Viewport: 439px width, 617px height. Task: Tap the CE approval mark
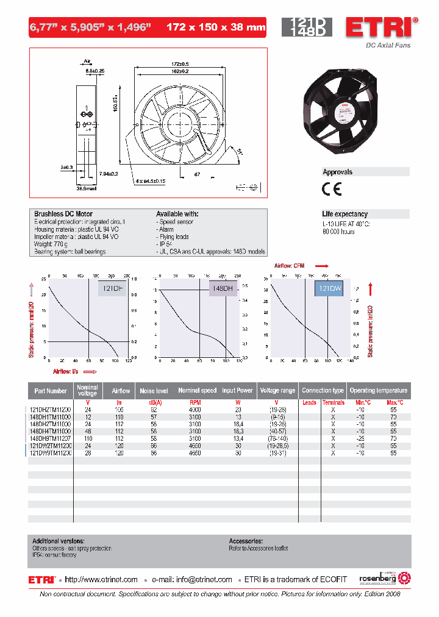pos(332,188)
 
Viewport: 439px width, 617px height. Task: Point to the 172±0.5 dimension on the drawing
pos(179,64)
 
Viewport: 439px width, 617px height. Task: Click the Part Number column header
pos(51,391)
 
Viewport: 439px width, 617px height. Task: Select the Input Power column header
pos(237,391)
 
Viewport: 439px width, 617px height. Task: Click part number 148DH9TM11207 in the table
pos(51,438)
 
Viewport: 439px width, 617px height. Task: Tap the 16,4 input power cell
pos(237,424)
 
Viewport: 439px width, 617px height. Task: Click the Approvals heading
pos(338,173)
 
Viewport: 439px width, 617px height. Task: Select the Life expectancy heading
pos(344,214)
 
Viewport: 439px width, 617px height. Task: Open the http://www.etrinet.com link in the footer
pos(101,580)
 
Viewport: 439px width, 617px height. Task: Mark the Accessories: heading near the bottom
pos(246,541)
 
